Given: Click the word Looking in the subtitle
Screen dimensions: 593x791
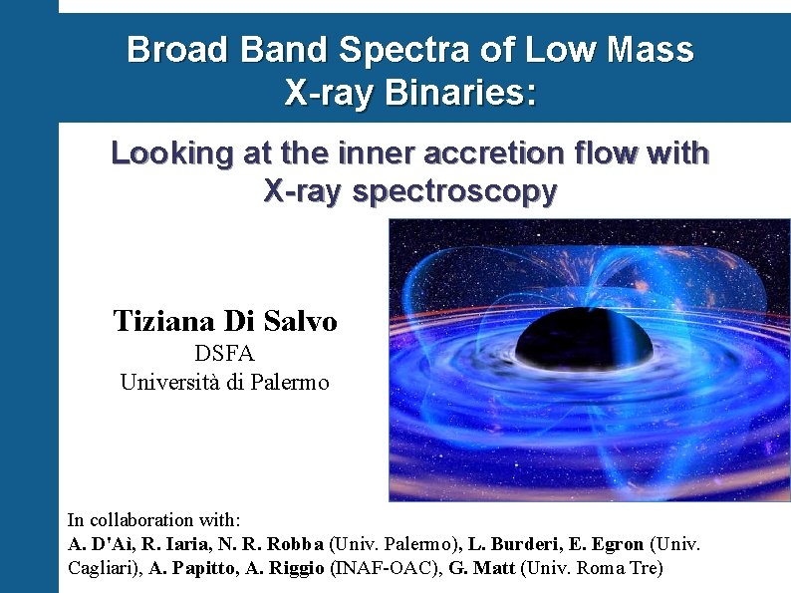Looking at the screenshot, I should tap(168, 153).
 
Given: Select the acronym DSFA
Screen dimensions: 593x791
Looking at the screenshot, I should tap(224, 354).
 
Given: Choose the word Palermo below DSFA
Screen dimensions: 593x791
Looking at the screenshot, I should tap(290, 382).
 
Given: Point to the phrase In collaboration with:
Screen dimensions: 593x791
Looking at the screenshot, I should tap(153, 519).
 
